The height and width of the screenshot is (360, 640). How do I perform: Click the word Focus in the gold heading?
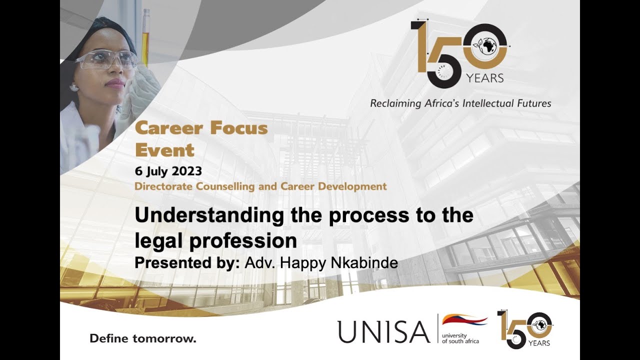click(x=238, y=128)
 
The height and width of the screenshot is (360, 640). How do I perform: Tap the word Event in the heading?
click(x=164, y=150)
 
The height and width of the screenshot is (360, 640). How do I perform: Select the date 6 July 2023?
click(x=168, y=171)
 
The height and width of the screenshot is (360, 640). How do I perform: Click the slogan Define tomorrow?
click(x=143, y=338)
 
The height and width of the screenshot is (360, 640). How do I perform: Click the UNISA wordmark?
click(x=383, y=331)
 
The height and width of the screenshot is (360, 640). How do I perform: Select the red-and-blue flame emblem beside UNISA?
click(x=464, y=320)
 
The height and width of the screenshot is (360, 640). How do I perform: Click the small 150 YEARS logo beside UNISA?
click(x=524, y=329)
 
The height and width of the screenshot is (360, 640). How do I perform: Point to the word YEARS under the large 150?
click(x=484, y=78)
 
